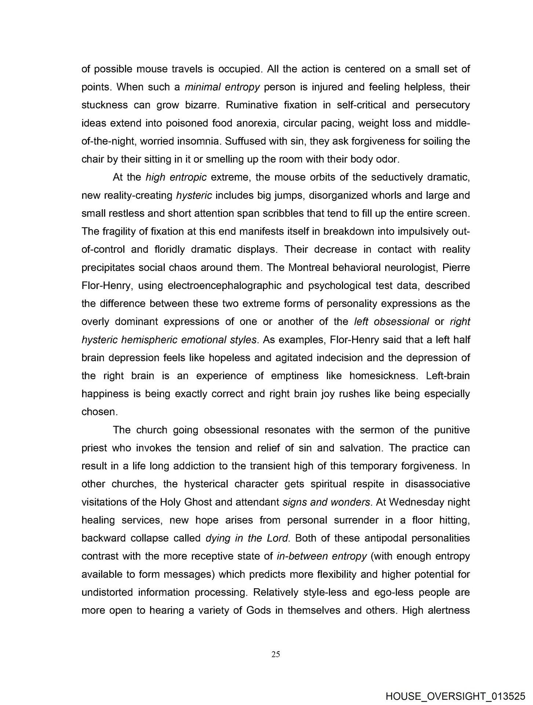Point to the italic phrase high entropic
tap(176, 177)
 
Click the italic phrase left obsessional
tap(391, 321)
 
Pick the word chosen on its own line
tap(99, 412)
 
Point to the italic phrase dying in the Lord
tap(248, 538)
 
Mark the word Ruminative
tap(252, 105)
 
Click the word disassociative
tap(437, 484)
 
